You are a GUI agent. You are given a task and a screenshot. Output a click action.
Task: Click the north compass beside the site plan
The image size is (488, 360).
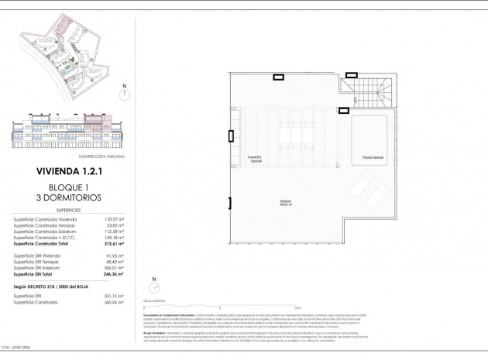[124, 94]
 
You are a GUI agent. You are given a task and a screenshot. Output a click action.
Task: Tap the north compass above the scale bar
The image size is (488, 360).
[154, 283]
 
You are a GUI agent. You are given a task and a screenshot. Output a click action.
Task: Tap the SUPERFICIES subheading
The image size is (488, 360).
[67, 209]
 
